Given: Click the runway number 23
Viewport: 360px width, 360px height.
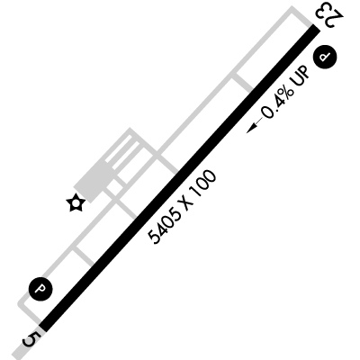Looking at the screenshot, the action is (x=328, y=15).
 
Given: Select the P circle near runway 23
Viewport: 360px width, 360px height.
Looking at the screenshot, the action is (x=325, y=57).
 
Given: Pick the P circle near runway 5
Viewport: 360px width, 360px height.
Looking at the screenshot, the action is (x=40, y=289).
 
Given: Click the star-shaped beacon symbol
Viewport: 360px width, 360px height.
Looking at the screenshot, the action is (x=76, y=203).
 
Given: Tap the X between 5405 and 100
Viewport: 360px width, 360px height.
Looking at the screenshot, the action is (x=185, y=203).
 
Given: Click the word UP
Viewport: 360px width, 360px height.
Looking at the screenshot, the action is (x=301, y=76).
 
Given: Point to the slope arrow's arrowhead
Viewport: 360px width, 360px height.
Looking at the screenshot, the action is (x=250, y=130).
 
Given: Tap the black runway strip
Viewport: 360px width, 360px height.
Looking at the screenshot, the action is (x=179, y=178).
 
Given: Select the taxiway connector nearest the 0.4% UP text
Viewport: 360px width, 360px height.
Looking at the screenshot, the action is (x=243, y=82).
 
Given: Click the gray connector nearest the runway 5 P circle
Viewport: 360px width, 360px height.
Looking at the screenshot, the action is (x=84, y=256).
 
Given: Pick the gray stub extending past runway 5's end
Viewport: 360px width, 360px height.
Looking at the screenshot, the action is (x=23, y=347).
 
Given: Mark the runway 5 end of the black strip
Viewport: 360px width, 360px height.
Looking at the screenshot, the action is (x=42, y=328).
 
